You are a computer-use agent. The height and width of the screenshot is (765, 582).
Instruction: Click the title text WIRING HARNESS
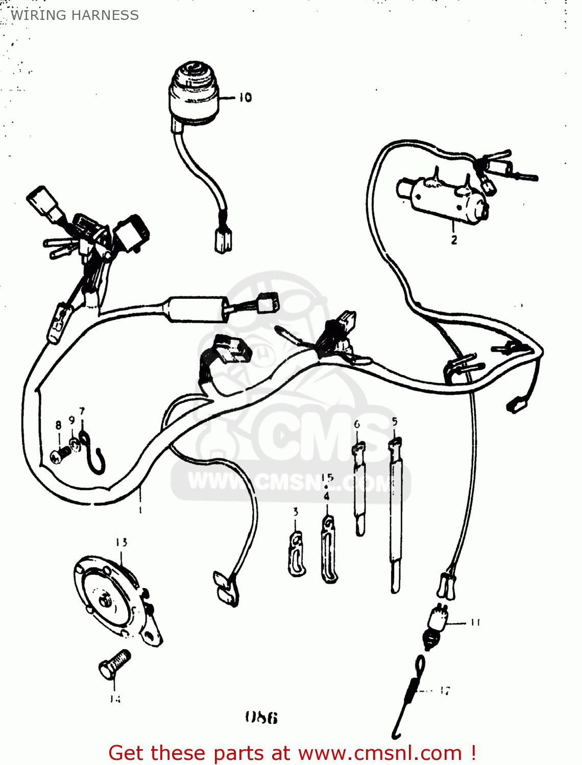click(75, 15)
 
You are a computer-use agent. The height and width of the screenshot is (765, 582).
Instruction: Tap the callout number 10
click(245, 97)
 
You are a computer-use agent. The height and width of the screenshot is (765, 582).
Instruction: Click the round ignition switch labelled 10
click(194, 94)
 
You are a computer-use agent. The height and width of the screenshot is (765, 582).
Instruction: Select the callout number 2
click(454, 239)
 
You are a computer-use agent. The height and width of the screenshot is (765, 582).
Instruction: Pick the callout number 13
click(122, 542)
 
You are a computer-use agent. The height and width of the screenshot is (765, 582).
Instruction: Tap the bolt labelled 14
click(115, 664)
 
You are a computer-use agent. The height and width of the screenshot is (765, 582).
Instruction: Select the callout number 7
click(82, 411)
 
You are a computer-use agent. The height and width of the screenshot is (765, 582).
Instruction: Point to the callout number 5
click(395, 421)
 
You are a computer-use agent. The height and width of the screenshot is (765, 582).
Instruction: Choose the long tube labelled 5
click(396, 515)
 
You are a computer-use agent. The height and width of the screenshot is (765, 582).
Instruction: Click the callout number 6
click(357, 424)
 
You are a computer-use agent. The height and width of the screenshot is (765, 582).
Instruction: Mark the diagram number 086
click(261, 718)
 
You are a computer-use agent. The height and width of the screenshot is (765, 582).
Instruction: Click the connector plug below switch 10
click(223, 240)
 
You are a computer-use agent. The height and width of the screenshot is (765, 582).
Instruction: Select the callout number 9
click(71, 420)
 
